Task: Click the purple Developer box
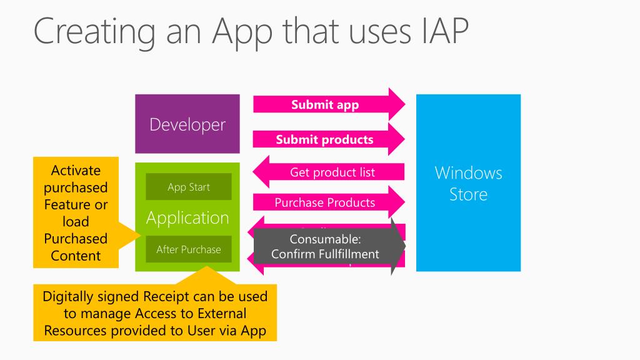coord(187,124)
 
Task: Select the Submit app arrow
coord(325,104)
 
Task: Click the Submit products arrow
coord(324,139)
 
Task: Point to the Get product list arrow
coord(332,172)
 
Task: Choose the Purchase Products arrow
coord(324,202)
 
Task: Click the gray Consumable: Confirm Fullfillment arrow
coord(325,246)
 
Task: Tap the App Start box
coord(189,187)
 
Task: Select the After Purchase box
coord(189,249)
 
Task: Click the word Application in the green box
coord(187,218)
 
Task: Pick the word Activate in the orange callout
coord(76,171)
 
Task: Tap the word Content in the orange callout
coord(76,255)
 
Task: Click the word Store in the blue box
coord(468,194)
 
